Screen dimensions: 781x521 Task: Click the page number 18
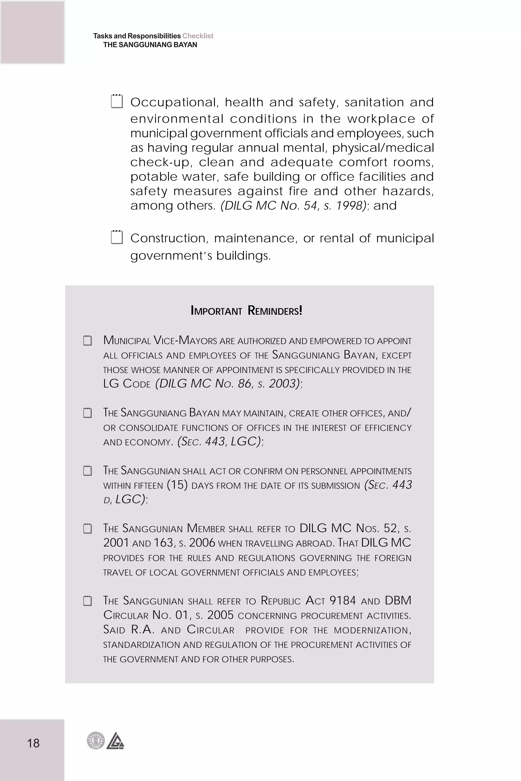coord(33,743)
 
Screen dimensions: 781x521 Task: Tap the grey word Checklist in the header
coord(198,36)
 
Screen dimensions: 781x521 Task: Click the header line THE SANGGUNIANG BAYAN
coord(150,45)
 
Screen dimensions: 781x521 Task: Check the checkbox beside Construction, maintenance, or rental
coord(117,237)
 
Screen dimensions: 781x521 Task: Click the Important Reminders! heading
coord(246,310)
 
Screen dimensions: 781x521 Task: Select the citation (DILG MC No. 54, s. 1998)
coord(293,205)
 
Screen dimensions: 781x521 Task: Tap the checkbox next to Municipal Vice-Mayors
coord(88,341)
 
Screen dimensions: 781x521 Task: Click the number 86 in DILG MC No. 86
coord(244,384)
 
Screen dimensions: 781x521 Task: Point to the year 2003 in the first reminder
coord(282,384)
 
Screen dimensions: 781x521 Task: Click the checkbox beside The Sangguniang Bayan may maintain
coord(88,413)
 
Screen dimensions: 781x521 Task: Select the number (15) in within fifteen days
coord(177,485)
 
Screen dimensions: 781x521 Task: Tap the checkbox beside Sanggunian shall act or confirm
coord(88,471)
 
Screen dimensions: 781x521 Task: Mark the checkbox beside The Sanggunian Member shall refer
coord(88,528)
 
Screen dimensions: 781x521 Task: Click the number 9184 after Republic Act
coord(343,600)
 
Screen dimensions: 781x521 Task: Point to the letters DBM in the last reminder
coord(398,600)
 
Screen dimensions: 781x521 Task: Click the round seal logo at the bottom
coord(96,741)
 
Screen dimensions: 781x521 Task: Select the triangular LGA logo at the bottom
coord(115,741)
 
